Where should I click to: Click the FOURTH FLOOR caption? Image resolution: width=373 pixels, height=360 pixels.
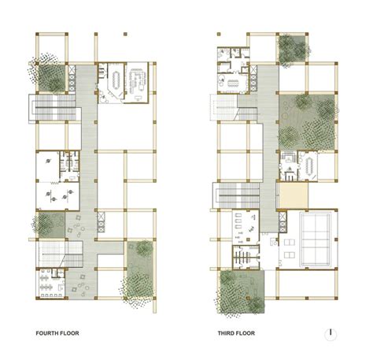tap(57, 333)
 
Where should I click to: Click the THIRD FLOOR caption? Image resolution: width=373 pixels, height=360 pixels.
tap(237, 333)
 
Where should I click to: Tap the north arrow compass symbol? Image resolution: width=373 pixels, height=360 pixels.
tap(334, 332)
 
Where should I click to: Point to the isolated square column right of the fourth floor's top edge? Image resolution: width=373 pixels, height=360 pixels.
tap(124, 35)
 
